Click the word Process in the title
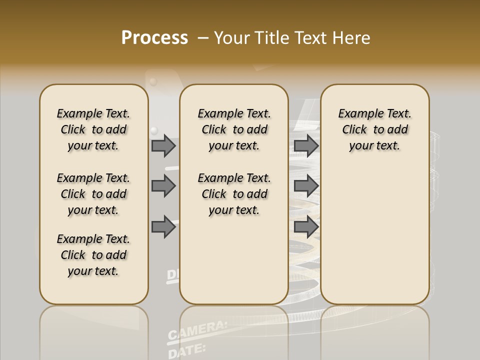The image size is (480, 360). (154, 38)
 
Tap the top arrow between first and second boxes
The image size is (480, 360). (163, 145)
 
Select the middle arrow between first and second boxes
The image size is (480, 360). (163, 186)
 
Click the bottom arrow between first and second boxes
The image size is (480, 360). (163, 227)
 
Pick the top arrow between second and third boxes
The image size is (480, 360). (306, 145)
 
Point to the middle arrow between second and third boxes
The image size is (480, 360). (306, 186)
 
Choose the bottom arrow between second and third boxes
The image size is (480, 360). (306, 227)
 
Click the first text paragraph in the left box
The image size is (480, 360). (93, 129)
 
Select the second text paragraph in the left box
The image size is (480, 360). (93, 194)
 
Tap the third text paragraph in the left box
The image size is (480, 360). (93, 255)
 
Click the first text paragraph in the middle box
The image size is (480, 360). (234, 129)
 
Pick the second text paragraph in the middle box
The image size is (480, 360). (234, 194)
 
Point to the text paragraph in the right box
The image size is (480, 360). (374, 129)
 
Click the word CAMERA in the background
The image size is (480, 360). (197, 330)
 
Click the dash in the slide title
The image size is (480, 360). (203, 38)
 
